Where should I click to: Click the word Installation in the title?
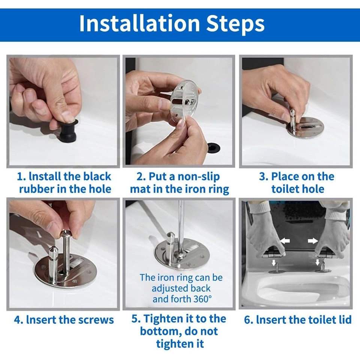(139, 24)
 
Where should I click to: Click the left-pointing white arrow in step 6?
(285, 241)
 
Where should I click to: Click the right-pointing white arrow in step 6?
(313, 241)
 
